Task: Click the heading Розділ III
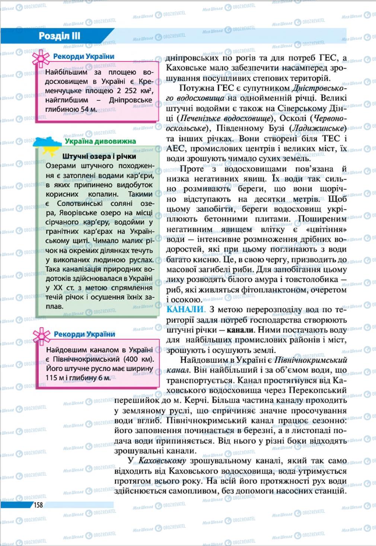(60, 36)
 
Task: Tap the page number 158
(38, 505)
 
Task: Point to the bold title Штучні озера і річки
(99, 156)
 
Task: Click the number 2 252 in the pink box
(129, 90)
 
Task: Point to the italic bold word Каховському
(162, 461)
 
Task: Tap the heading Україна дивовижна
(100, 141)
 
